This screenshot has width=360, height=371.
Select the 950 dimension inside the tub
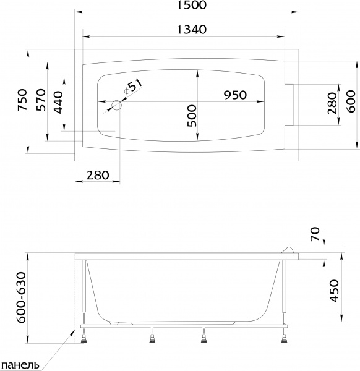(x=235, y=95)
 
